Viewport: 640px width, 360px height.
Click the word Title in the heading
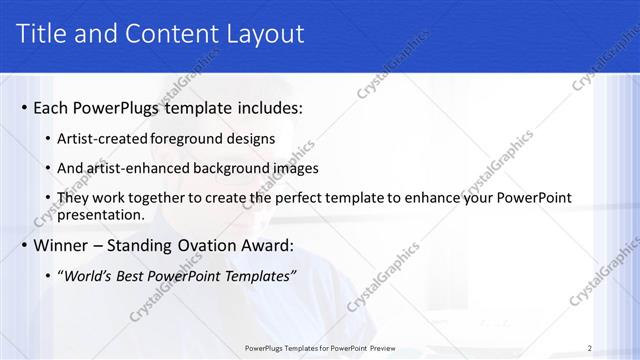pyautogui.click(x=45, y=33)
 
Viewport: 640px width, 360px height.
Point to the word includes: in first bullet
pyautogui.click(x=266, y=107)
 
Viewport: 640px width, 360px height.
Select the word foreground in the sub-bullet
pyautogui.click(x=190, y=139)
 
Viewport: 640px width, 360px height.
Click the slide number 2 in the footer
pyautogui.click(x=590, y=348)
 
